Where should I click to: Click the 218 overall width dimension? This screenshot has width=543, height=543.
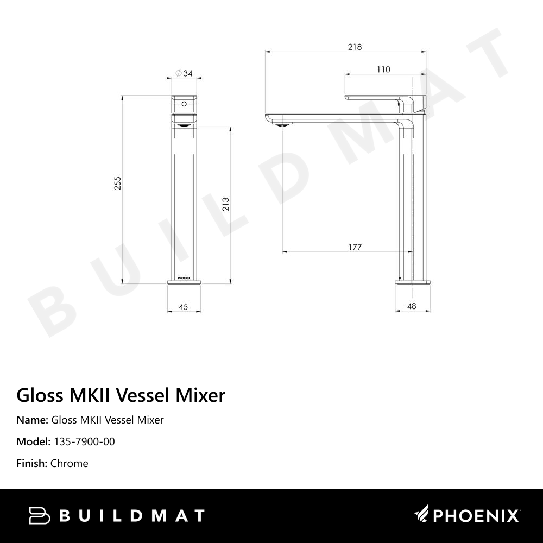(x=355, y=47)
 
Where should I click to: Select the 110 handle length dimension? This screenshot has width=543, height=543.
(x=383, y=70)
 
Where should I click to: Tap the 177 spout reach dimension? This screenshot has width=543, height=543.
(x=355, y=248)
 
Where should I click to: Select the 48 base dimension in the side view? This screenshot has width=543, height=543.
(x=412, y=306)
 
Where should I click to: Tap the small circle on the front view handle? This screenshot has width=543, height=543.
(x=184, y=103)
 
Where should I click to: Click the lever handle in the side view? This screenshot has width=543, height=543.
(x=380, y=97)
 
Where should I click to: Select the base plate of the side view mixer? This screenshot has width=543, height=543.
(x=413, y=281)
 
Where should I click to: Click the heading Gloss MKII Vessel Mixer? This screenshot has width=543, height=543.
(x=121, y=395)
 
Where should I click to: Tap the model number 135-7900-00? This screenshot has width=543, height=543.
(x=84, y=441)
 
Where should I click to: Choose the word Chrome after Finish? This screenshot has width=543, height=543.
(x=69, y=463)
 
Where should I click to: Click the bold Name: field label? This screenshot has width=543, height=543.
(x=32, y=420)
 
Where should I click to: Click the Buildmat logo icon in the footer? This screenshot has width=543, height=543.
(x=39, y=515)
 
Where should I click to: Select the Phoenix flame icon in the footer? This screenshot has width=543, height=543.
(x=422, y=514)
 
